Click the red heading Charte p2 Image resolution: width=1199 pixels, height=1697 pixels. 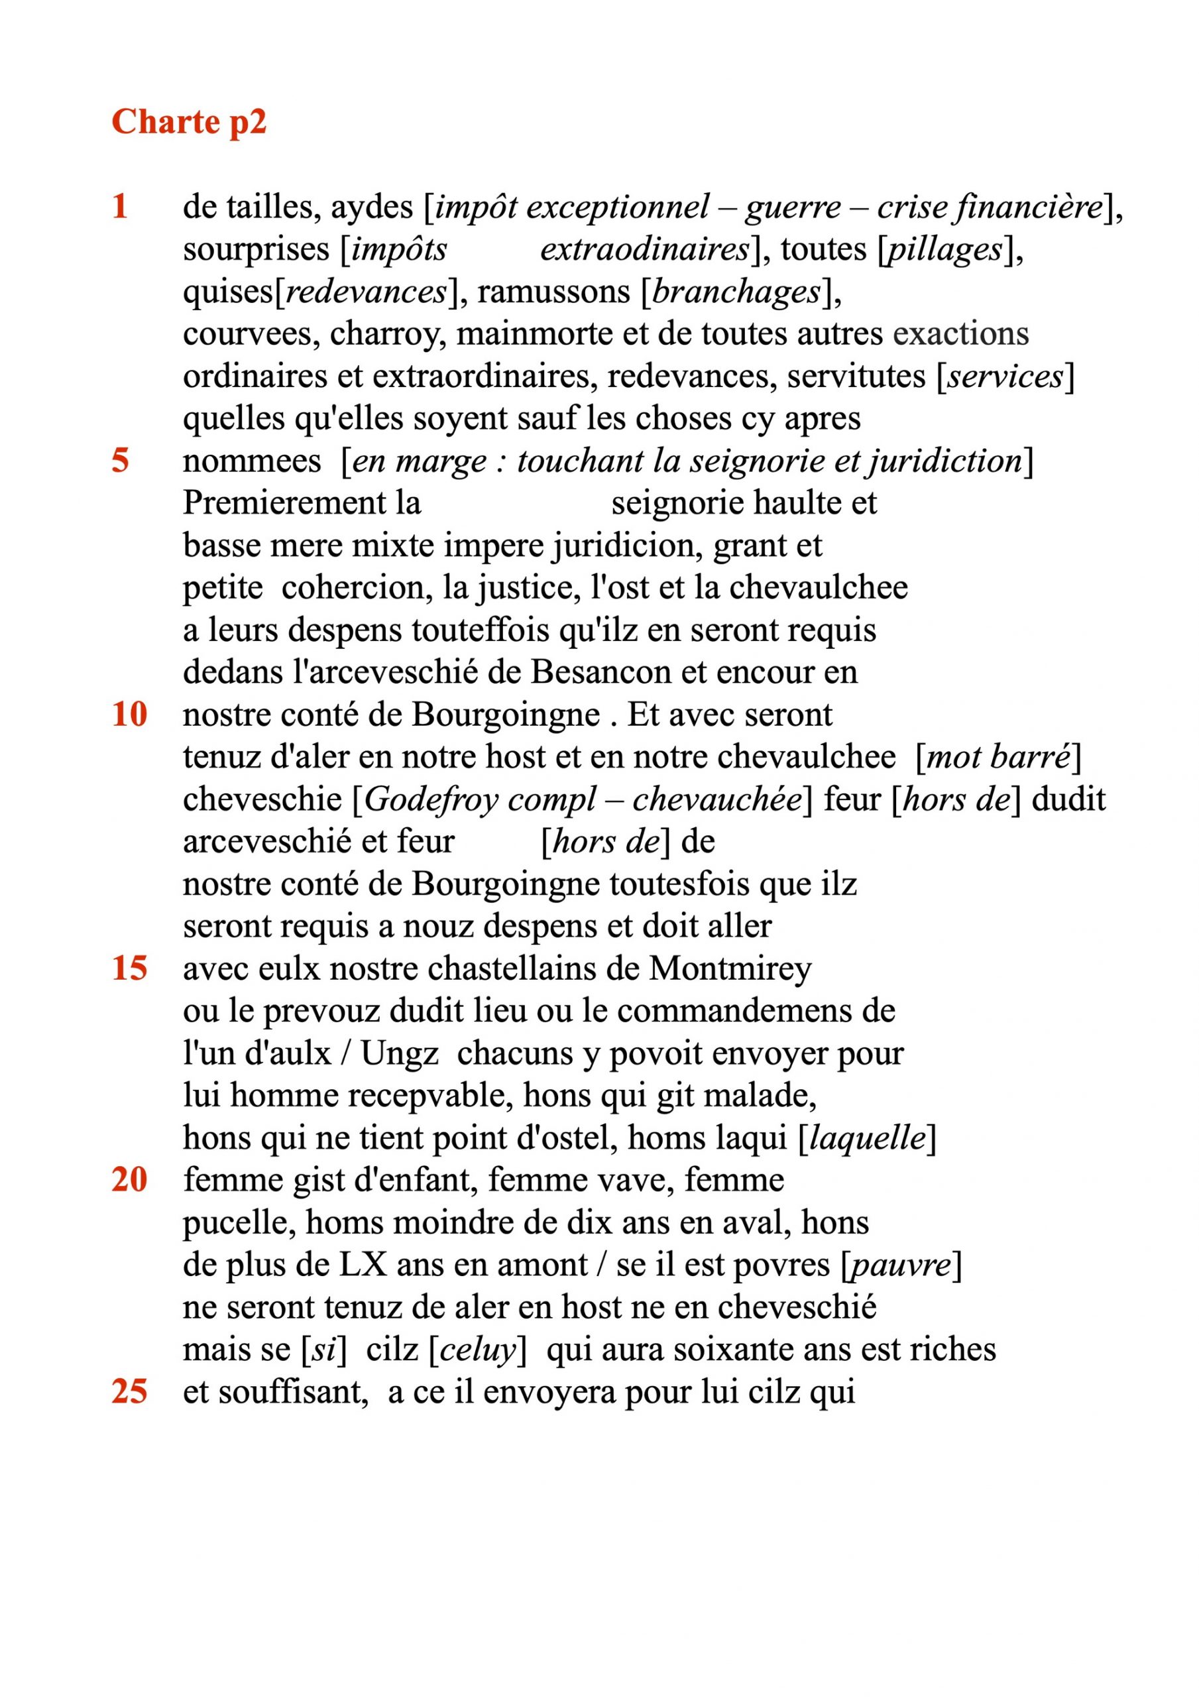pyautogui.click(x=188, y=122)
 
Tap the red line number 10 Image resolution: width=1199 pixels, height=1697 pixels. pyautogui.click(x=129, y=715)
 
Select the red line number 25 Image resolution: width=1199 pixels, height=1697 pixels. pyautogui.click(x=129, y=1393)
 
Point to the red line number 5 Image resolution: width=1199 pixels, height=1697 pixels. pyautogui.click(x=121, y=461)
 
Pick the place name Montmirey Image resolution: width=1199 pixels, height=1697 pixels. pyautogui.click(x=730, y=969)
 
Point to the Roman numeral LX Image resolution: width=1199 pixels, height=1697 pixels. pyautogui.click(x=363, y=1265)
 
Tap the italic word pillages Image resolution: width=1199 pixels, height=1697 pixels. pyautogui.click(x=944, y=250)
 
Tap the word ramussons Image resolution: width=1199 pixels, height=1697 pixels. pyautogui.click(x=553, y=292)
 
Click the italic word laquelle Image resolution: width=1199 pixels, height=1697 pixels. pyautogui.click(x=868, y=1138)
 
